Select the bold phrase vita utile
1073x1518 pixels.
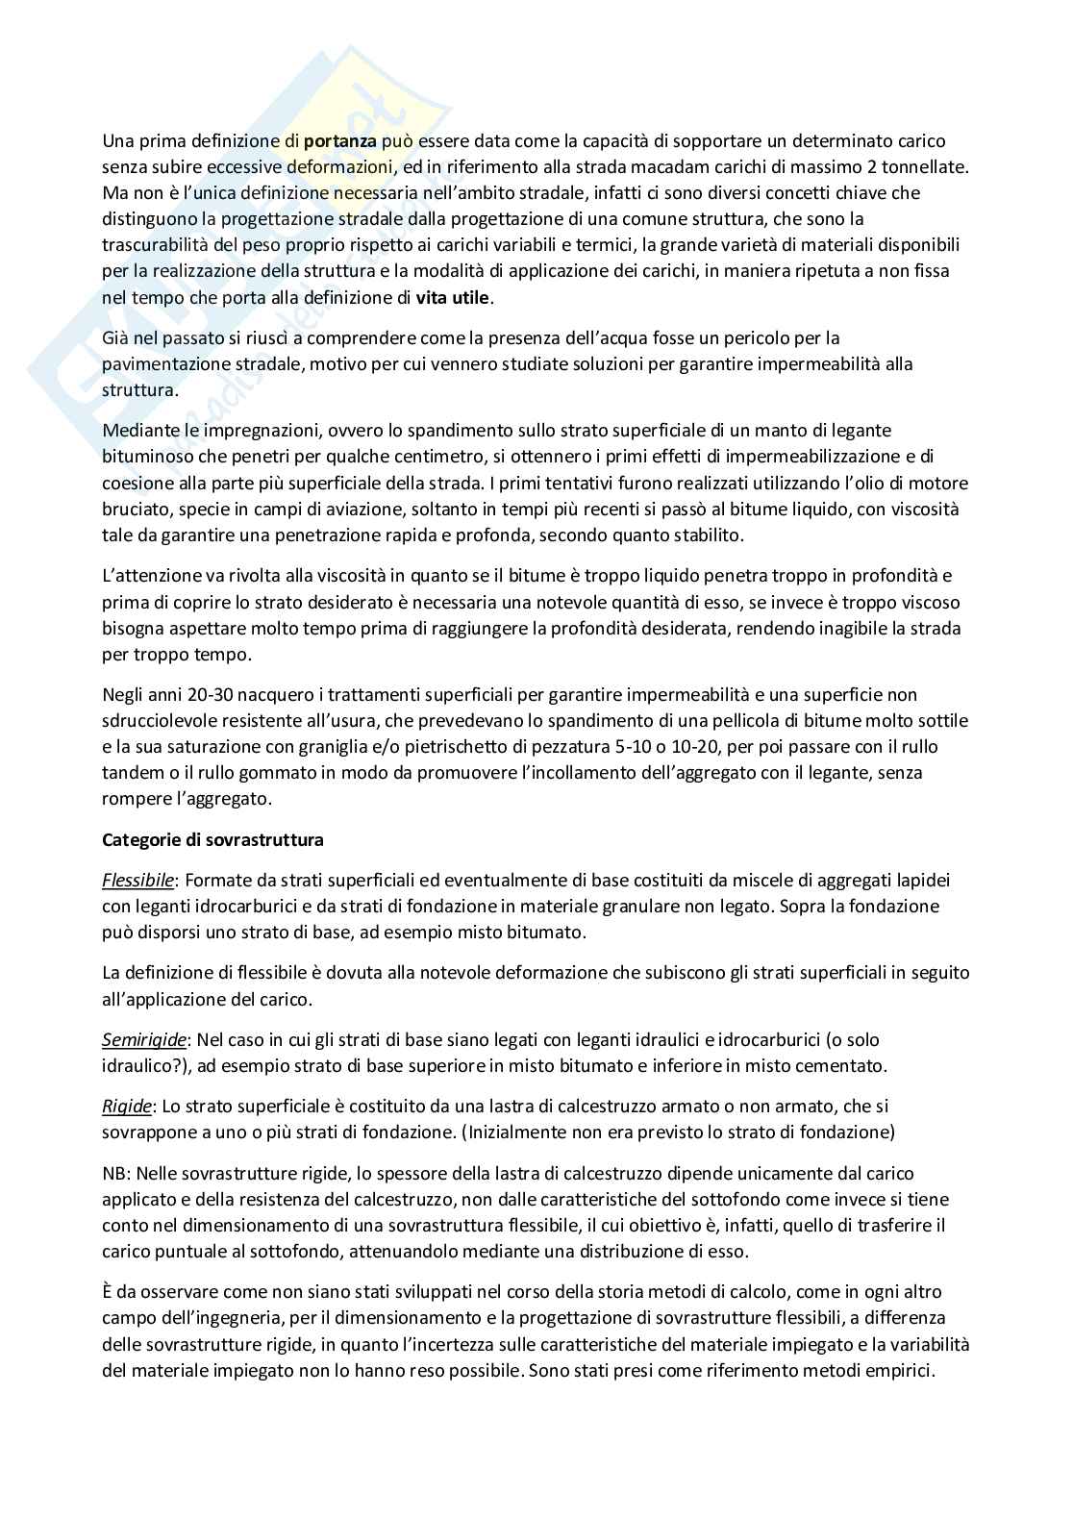tap(453, 298)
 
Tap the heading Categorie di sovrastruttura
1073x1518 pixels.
tap(212, 839)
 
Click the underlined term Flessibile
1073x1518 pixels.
tap(137, 880)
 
